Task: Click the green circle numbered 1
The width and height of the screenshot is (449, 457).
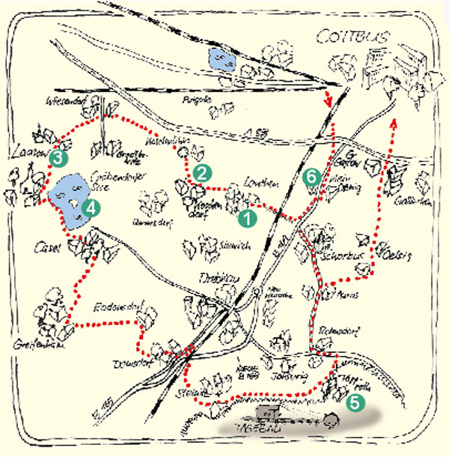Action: click(245, 220)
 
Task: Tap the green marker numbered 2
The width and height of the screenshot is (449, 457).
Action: click(201, 172)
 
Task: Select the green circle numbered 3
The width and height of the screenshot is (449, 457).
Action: click(58, 158)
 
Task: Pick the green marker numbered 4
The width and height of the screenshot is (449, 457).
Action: click(91, 208)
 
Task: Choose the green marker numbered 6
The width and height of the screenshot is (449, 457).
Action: click(313, 177)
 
